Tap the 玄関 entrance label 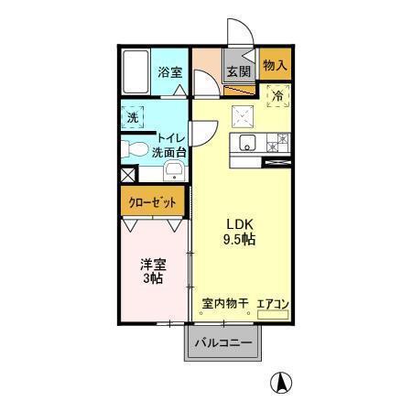[x=240, y=72]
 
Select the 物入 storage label [x=275, y=65]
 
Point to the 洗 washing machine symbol [x=134, y=117]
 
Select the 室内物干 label [x=225, y=303]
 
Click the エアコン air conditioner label [x=273, y=303]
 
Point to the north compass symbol [x=283, y=383]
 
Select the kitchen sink [x=245, y=143]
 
